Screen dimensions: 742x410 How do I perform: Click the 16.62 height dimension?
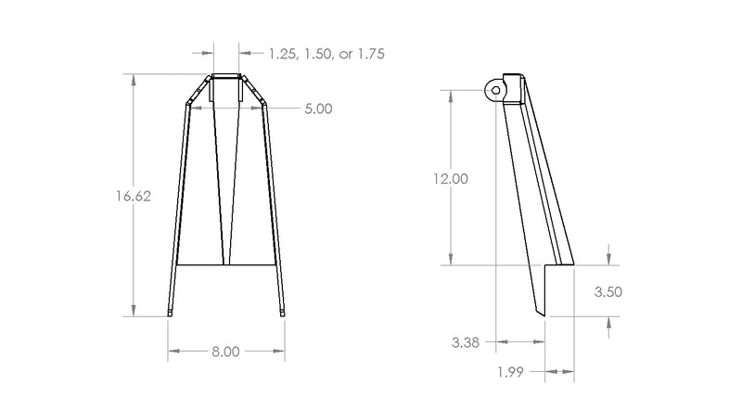click(134, 196)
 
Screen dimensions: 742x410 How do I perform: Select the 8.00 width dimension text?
click(225, 352)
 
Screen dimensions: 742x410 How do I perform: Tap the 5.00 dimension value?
click(318, 109)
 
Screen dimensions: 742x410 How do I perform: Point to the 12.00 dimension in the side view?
click(451, 178)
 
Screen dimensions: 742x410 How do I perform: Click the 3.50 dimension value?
click(608, 291)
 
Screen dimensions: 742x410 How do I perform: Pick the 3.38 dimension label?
click(466, 342)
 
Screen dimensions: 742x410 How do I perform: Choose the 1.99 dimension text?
click(510, 372)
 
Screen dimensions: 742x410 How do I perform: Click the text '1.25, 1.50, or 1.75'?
click(326, 54)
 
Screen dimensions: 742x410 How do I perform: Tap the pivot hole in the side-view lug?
click(496, 90)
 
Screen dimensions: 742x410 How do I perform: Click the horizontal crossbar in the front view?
click(225, 264)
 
